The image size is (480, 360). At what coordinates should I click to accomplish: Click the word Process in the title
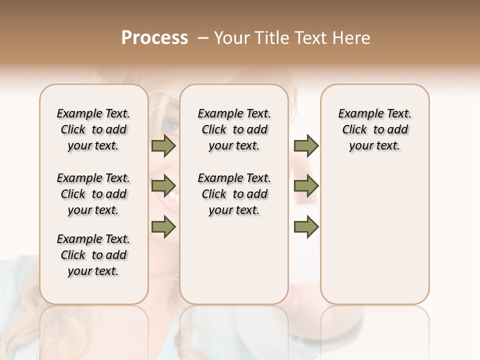[x=154, y=38]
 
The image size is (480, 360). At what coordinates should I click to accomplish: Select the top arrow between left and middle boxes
[x=163, y=146]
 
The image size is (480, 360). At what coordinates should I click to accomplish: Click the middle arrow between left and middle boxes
[x=163, y=186]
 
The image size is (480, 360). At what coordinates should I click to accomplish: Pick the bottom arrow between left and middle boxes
[x=163, y=226]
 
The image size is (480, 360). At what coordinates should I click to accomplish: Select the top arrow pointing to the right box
[x=306, y=146]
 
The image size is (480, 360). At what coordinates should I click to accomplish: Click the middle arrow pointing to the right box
[x=306, y=186]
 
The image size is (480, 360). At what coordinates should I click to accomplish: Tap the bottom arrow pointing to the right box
[x=306, y=226]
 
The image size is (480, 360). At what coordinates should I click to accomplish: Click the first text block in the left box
[x=93, y=129]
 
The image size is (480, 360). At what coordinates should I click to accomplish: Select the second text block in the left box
[x=93, y=194]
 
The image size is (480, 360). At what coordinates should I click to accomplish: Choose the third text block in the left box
[x=93, y=255]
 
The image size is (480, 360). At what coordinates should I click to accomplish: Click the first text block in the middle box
[x=234, y=129]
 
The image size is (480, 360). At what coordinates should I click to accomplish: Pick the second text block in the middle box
[x=234, y=194]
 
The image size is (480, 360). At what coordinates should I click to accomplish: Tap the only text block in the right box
[x=375, y=129]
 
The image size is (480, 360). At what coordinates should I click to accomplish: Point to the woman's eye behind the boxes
[x=171, y=125]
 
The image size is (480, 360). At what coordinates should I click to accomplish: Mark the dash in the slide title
[x=202, y=38]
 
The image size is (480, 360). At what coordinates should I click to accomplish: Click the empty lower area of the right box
[x=375, y=235]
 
